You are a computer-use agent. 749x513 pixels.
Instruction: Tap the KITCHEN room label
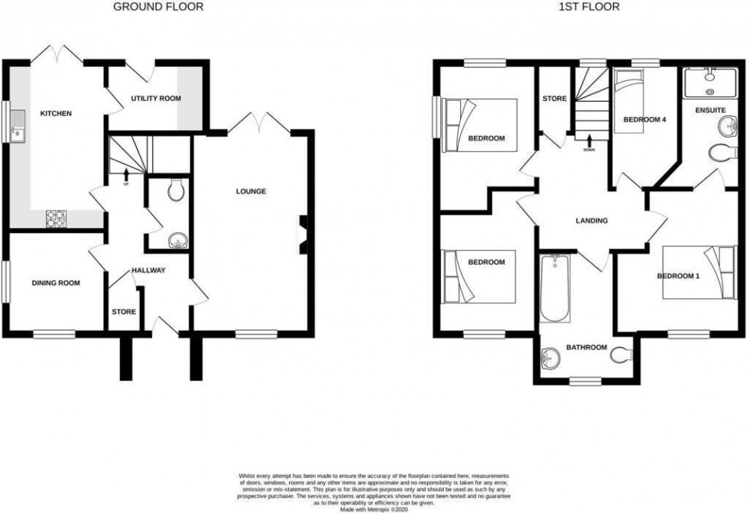(x=56, y=114)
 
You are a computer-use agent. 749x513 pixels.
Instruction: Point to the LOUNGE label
(x=251, y=191)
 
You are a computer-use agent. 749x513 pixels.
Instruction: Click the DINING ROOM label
(x=56, y=283)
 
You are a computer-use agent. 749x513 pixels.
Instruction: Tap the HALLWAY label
(x=148, y=271)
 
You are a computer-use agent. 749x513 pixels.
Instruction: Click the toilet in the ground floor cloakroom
(x=175, y=190)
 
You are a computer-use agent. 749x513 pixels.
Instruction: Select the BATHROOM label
(x=586, y=348)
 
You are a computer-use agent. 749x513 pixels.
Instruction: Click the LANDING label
(x=592, y=221)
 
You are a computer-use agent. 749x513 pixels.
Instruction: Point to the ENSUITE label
(x=710, y=110)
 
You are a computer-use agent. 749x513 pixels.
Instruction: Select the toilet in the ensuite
(x=720, y=153)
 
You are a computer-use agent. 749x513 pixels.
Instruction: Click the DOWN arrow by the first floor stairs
(x=589, y=143)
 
